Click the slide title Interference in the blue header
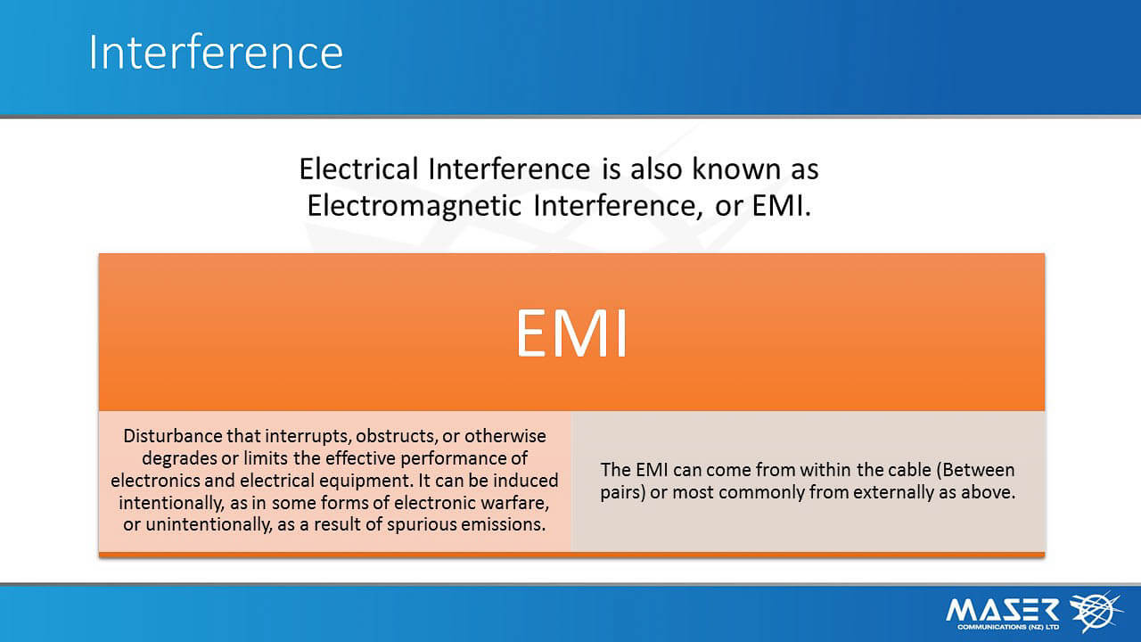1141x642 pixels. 216,52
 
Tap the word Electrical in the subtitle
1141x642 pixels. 358,169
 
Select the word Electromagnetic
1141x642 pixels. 415,207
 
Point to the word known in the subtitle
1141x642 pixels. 736,169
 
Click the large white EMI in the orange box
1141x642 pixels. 571,333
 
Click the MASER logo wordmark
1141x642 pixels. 1003,610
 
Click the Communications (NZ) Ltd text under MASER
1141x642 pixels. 1008,627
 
